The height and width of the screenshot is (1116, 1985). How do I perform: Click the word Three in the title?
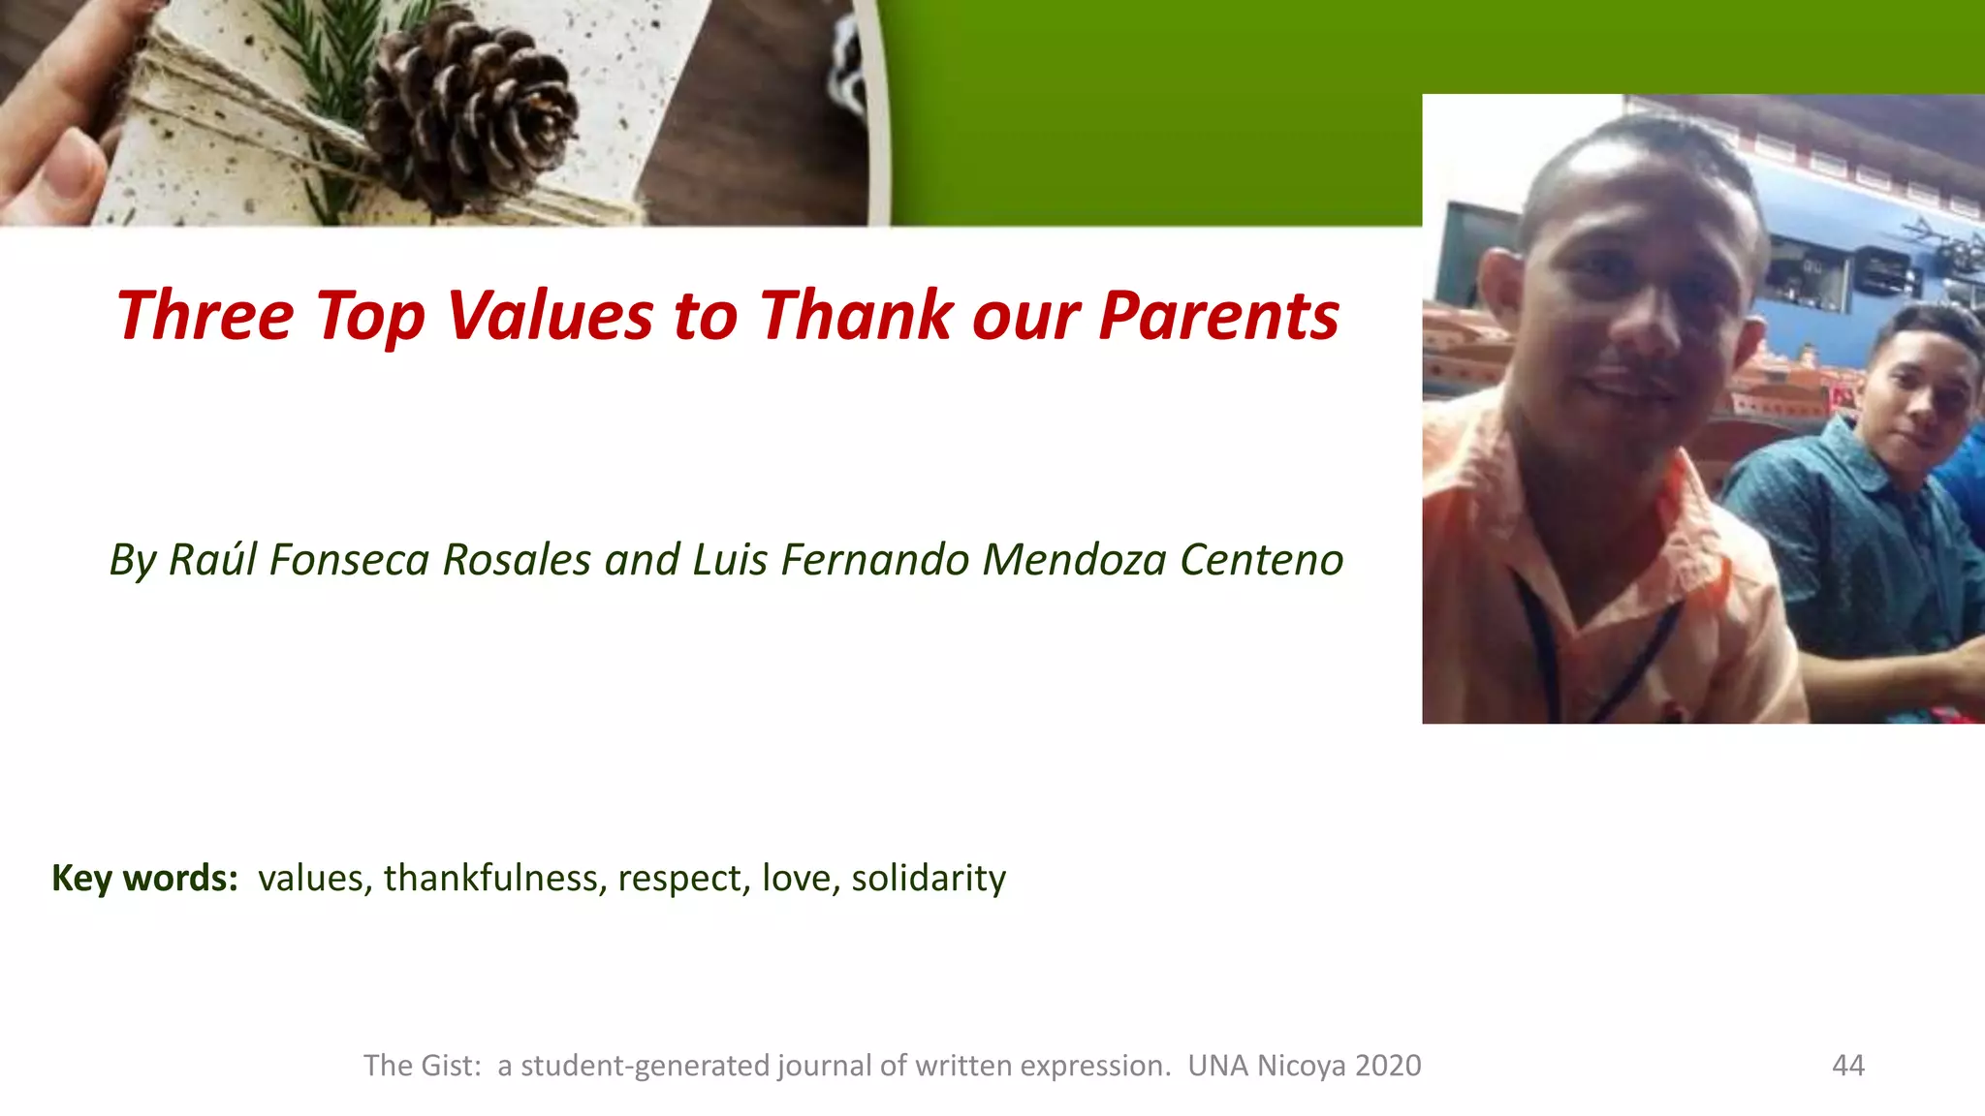[x=205, y=317]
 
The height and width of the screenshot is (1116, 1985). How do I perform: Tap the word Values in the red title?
[x=550, y=317]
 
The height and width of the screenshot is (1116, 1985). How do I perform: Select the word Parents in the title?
[x=1218, y=317]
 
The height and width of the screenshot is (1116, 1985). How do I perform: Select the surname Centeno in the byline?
[x=1261, y=560]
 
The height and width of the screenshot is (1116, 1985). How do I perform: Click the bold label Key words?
[x=144, y=879]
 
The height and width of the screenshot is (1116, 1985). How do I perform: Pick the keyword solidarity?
[x=928, y=879]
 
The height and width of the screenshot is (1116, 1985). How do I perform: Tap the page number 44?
[x=1847, y=1066]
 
